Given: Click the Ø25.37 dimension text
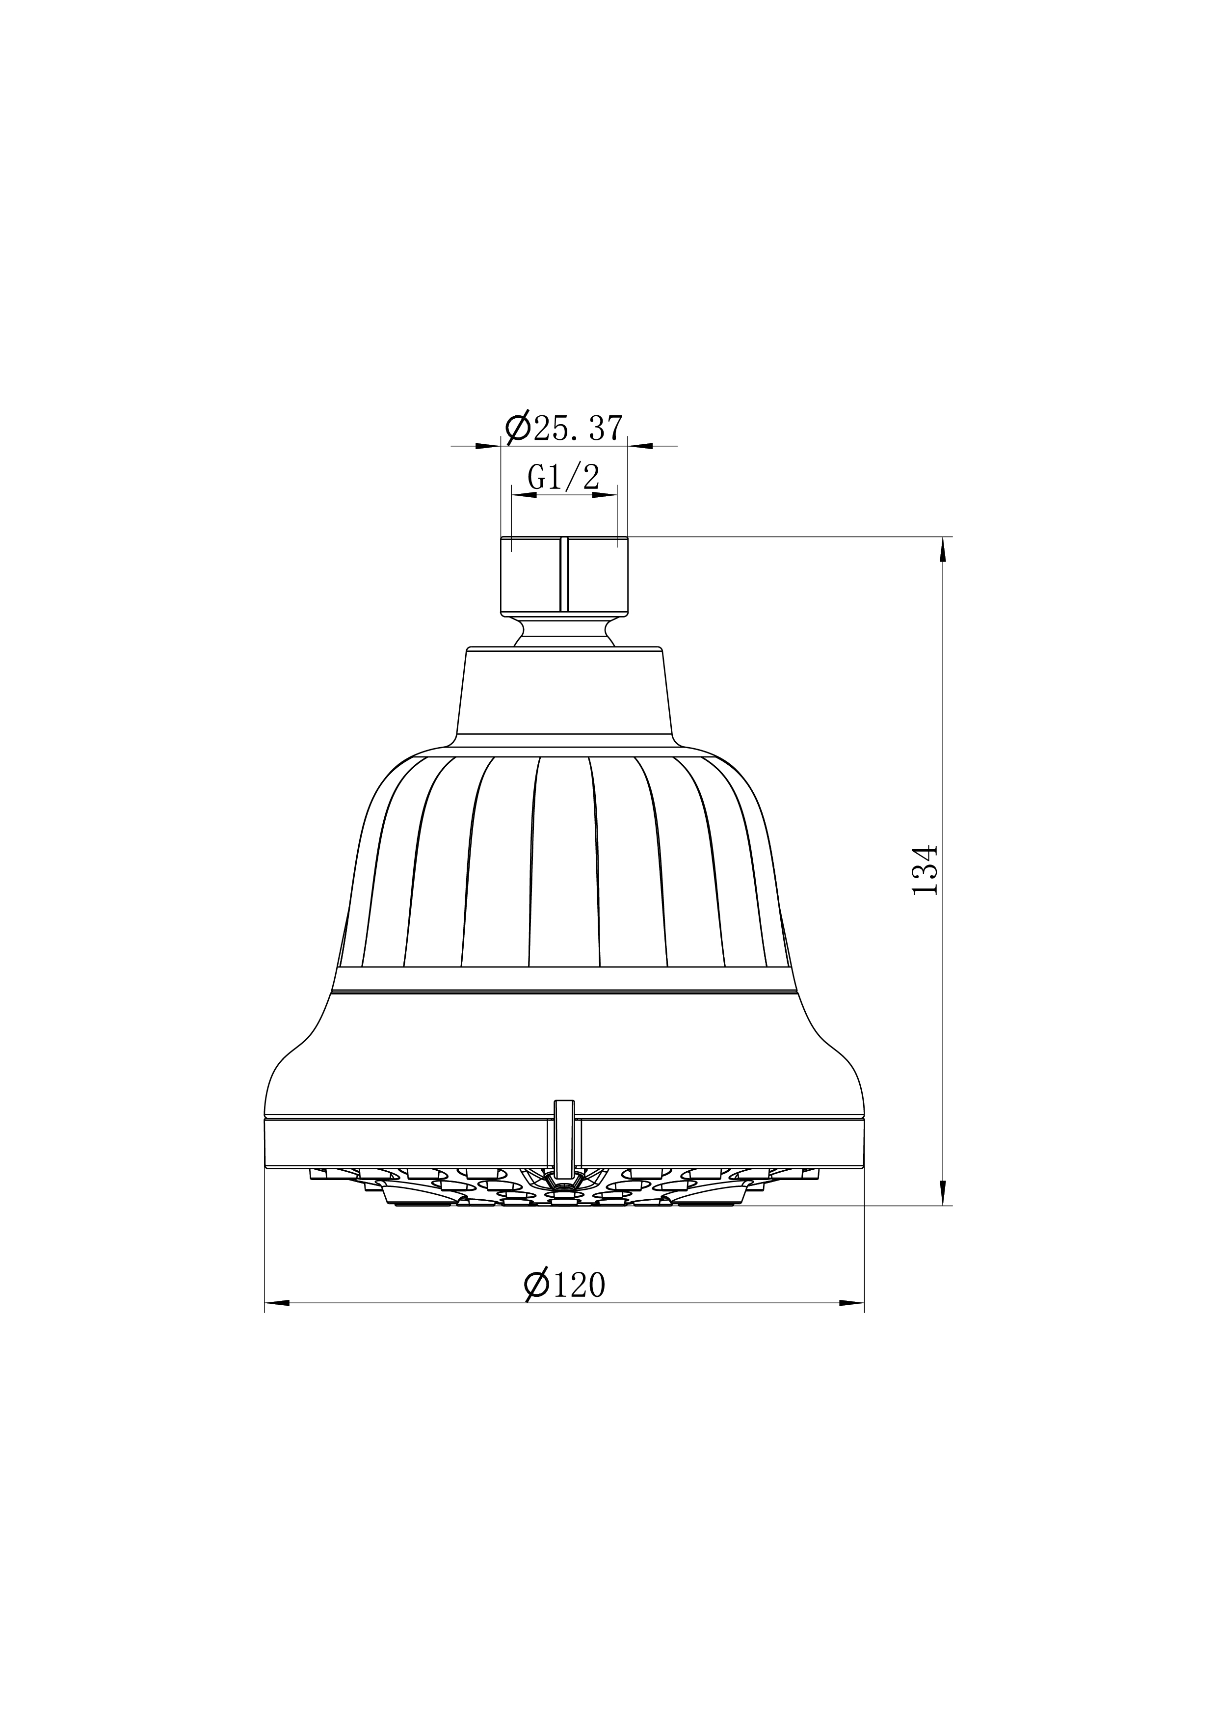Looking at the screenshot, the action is [x=564, y=428].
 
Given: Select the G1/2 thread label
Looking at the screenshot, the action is [x=564, y=477].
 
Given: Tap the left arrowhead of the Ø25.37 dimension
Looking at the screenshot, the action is [x=488, y=446].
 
